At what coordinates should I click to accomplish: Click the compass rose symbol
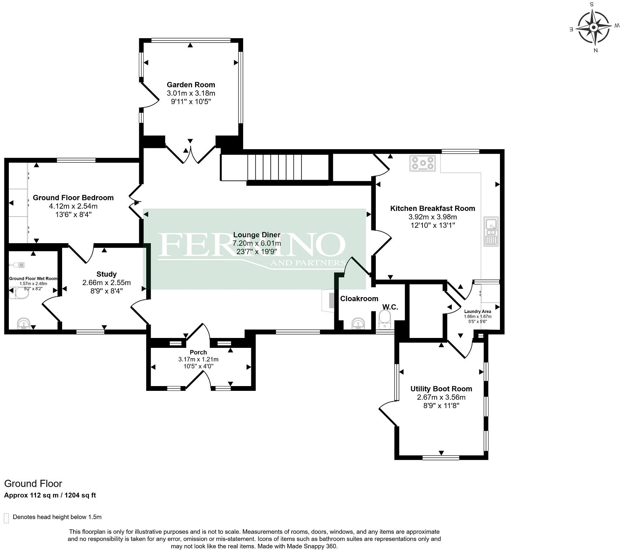tap(594, 28)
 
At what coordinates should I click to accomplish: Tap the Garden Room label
tap(191, 85)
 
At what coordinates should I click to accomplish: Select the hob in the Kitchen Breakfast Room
tap(423, 163)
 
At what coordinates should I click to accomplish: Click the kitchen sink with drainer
tap(491, 231)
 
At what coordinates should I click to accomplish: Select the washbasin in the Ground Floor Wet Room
tap(24, 324)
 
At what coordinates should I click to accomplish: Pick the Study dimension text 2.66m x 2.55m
tap(107, 282)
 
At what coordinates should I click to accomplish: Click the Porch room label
tap(198, 352)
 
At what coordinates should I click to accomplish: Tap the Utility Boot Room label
tap(441, 389)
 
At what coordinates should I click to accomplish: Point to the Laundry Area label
tap(478, 311)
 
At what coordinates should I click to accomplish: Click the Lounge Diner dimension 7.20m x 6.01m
tap(257, 243)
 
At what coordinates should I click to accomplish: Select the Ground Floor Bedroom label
tap(73, 198)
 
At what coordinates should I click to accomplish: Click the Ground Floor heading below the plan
tap(33, 483)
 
